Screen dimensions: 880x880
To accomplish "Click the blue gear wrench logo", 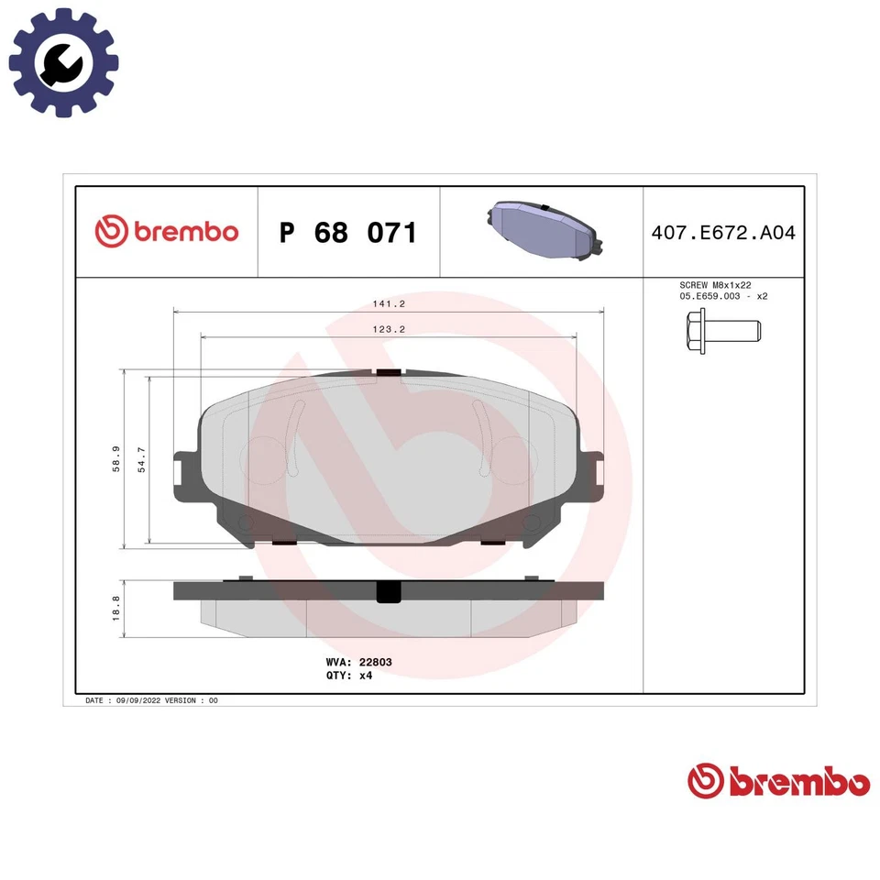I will click(63, 62).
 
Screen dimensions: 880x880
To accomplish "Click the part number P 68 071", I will click(347, 233).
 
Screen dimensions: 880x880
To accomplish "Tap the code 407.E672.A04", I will click(723, 233).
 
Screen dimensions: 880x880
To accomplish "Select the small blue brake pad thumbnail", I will click(541, 232).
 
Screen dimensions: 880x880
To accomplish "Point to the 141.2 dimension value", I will click(388, 304).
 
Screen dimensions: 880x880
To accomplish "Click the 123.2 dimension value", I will click(388, 329).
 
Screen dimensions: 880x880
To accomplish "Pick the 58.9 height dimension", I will click(115, 458).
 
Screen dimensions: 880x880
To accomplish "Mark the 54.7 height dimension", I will click(141, 458).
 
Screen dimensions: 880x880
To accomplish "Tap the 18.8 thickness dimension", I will click(115, 609).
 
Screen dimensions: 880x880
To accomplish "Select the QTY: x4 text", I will click(349, 675).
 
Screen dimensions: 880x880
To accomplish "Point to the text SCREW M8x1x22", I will click(716, 286).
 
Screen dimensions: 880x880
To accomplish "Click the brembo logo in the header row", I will click(167, 232).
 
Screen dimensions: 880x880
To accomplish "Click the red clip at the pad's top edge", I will click(389, 371).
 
